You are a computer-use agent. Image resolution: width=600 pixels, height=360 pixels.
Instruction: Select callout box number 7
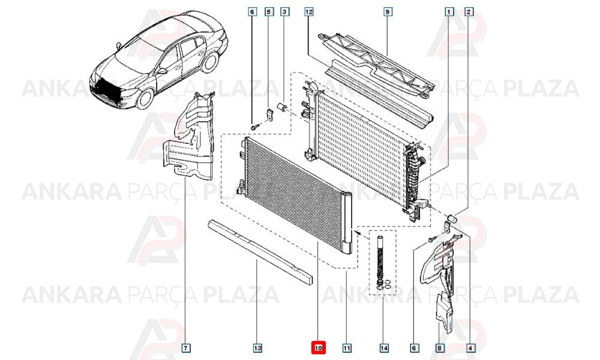click(185, 348)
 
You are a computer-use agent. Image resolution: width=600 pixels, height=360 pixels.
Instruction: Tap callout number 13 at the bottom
click(257, 348)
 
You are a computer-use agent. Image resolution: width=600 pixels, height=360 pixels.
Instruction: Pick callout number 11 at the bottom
click(347, 348)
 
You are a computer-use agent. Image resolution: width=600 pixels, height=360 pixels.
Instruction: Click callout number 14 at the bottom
click(384, 348)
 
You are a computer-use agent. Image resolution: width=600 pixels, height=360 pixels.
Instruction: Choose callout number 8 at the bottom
click(439, 348)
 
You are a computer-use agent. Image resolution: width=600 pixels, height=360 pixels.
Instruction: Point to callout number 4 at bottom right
click(470, 348)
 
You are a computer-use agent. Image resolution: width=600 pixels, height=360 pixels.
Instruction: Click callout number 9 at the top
click(387, 12)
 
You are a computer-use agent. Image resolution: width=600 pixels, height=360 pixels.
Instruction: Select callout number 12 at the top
click(309, 12)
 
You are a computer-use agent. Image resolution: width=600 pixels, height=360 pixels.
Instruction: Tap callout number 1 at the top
click(449, 12)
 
